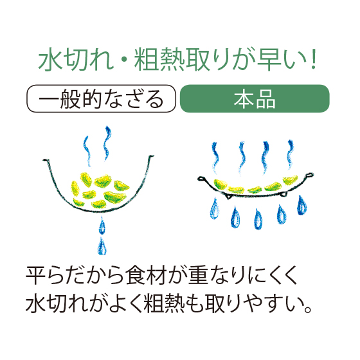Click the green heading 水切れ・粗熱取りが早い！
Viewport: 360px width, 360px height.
coord(177,59)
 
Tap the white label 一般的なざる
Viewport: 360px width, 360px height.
coord(102,98)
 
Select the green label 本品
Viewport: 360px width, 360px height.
coord(255,98)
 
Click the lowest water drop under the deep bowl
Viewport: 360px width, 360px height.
coord(102,247)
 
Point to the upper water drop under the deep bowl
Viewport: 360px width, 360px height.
coord(102,226)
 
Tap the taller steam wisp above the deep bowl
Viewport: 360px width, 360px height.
coord(107,143)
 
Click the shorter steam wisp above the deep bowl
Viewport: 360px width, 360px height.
coord(87,151)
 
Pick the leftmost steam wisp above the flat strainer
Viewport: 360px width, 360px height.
coord(215,158)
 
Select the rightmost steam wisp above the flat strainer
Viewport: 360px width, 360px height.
coord(290,154)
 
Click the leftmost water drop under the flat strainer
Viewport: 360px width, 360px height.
coord(215,209)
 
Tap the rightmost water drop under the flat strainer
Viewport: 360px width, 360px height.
coord(301,206)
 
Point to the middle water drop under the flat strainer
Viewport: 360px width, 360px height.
coord(258,219)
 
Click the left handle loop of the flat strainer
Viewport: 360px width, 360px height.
coord(202,179)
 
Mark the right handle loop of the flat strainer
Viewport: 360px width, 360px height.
coord(309,175)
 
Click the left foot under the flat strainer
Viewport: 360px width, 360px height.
coord(228,196)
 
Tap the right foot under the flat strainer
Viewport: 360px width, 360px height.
coord(283,194)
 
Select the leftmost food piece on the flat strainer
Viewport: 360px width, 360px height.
coord(221,184)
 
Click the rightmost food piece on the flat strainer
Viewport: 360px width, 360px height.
coord(290,179)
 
